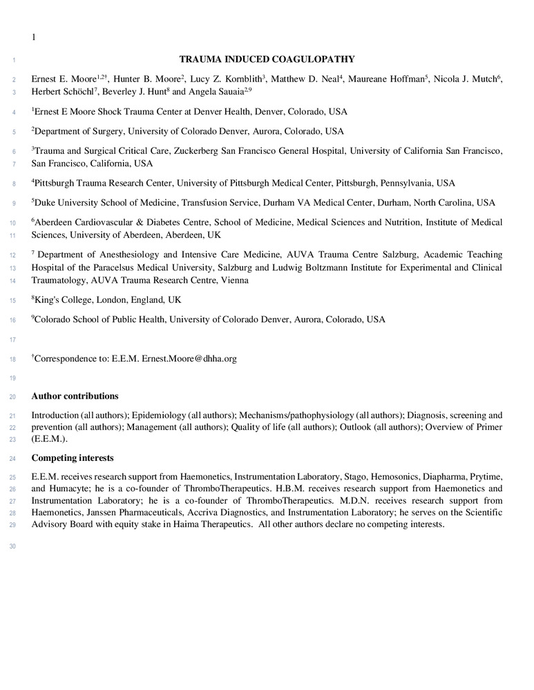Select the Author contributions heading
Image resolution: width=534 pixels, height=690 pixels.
click(x=75, y=396)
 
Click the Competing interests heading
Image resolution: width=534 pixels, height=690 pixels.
click(x=73, y=458)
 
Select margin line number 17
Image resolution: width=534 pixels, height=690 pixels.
click(x=12, y=339)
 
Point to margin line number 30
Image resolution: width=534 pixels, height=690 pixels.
click(x=12, y=547)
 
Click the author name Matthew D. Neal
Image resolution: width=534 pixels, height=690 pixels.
click(x=304, y=79)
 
